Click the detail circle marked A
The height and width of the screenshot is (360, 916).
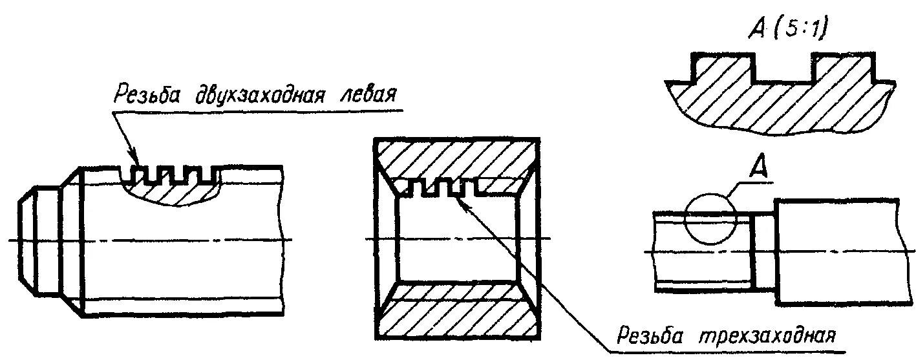point(710,219)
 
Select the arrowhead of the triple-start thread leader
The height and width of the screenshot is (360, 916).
point(458,201)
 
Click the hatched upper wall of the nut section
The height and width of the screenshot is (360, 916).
point(456,158)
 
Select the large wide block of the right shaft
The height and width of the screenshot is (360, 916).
point(836,251)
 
